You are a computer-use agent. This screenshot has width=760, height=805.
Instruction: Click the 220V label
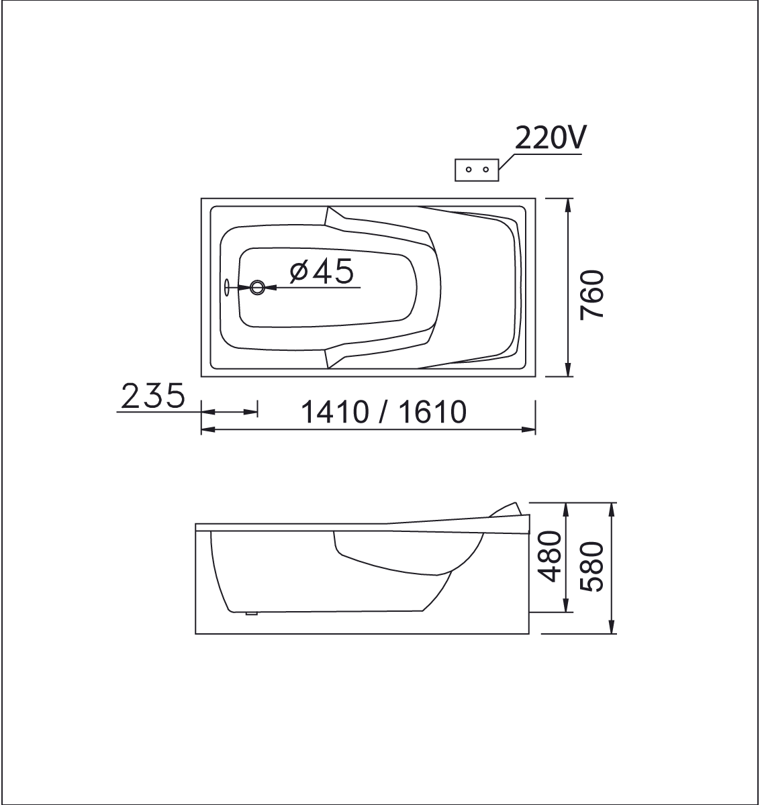point(551,138)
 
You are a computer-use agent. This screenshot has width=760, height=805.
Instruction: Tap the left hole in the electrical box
point(469,170)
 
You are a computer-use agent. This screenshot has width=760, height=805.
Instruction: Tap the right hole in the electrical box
point(485,170)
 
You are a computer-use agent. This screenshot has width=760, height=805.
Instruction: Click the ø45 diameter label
point(322,271)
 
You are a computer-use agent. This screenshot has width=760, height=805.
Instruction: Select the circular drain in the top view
point(257,287)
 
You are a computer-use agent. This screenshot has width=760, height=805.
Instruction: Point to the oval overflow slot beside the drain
point(227,287)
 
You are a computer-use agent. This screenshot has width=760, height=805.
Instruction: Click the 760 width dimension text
point(592,295)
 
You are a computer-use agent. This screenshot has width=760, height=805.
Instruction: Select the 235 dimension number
point(153,396)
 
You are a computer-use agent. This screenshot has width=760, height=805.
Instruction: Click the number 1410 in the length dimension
point(335,412)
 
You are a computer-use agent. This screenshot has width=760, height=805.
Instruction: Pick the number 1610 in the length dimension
point(432,412)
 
